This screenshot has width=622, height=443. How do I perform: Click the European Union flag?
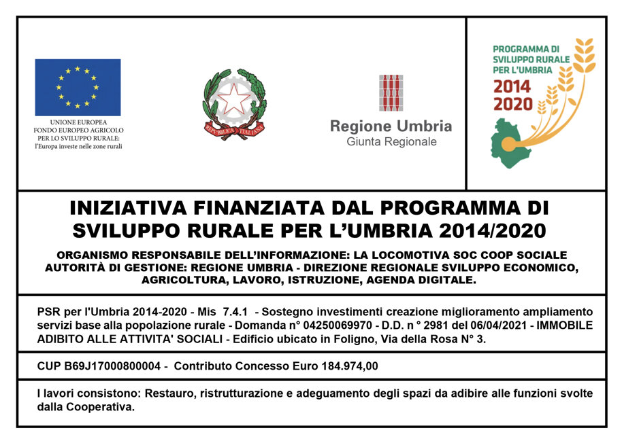[x=78, y=87]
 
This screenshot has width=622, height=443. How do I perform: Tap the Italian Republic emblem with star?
[x=234, y=104]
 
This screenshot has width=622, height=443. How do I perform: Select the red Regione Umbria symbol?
[x=391, y=93]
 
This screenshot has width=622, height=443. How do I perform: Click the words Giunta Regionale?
[x=391, y=142]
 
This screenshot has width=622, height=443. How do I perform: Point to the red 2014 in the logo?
[x=513, y=87]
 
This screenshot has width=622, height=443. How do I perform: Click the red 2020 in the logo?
[x=513, y=104]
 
